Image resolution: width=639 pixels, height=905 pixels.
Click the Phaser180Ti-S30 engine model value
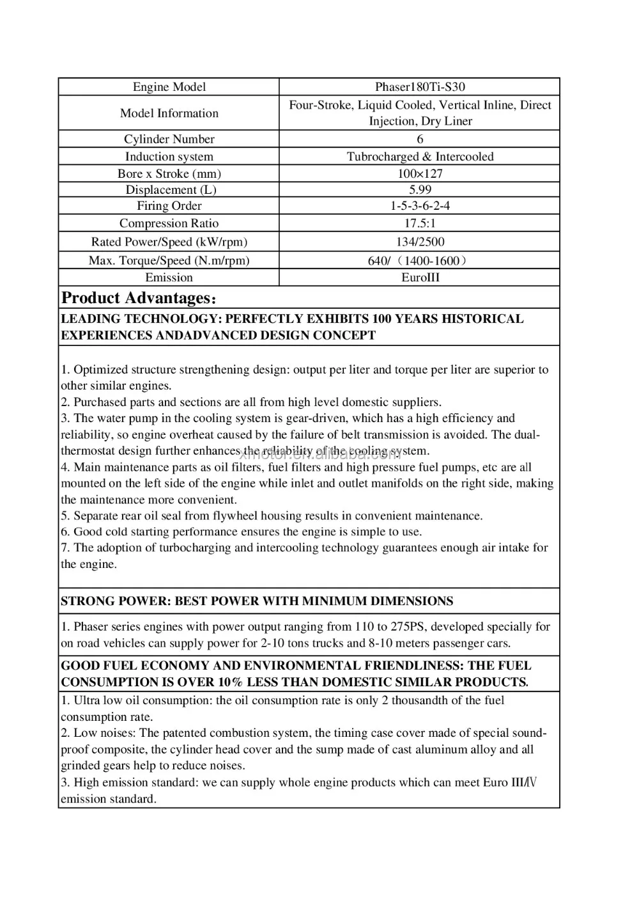tap(420, 87)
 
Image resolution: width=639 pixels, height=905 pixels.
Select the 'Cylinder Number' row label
tap(169, 139)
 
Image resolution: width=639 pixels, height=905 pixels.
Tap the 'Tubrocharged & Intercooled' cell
tap(420, 157)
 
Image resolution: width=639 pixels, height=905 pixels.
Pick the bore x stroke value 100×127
tap(420, 173)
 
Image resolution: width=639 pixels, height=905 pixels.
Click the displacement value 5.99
tap(420, 189)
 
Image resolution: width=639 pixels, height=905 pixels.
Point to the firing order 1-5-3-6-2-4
tap(420, 206)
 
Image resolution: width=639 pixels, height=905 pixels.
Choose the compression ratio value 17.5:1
tap(420, 223)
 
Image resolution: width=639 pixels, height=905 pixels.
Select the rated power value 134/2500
tap(420, 242)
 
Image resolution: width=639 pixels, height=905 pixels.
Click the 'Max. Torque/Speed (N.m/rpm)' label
tap(169, 260)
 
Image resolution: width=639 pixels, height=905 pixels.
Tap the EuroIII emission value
tap(420, 278)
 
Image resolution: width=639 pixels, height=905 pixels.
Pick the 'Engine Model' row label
tap(169, 87)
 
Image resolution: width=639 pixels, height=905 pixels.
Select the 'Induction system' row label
tap(169, 157)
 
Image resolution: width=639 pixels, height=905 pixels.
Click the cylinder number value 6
tap(420, 139)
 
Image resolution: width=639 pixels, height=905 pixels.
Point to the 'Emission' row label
tap(169, 278)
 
